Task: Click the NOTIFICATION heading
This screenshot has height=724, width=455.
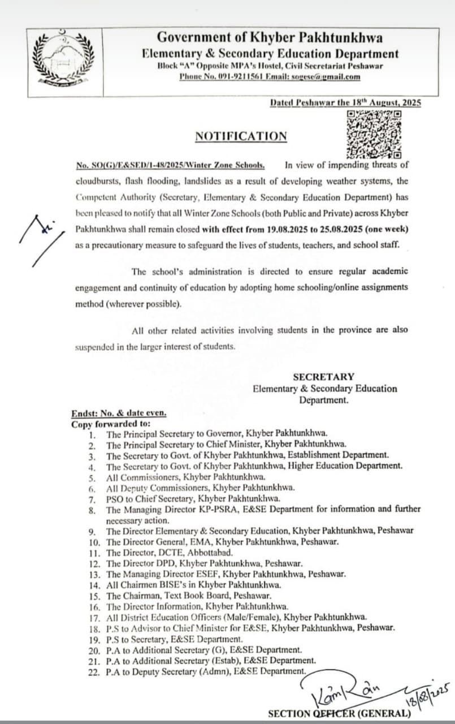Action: point(241,136)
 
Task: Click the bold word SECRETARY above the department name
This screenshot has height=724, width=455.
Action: point(323,377)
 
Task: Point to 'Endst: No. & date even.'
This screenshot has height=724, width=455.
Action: point(119,413)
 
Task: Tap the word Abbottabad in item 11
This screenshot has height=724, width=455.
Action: point(207,551)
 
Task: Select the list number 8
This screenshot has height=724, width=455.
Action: point(92,510)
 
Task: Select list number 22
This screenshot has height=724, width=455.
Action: point(94,671)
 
